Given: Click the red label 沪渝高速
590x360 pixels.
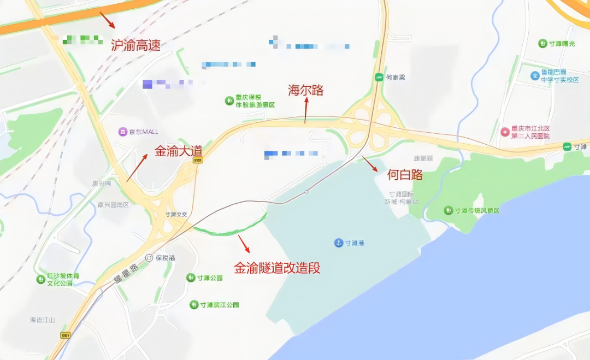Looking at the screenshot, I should click(x=135, y=45).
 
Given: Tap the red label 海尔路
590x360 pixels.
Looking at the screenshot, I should click(x=305, y=90).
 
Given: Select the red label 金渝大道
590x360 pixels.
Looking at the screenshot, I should click(x=178, y=150).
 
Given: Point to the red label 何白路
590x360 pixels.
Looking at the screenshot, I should click(x=405, y=175).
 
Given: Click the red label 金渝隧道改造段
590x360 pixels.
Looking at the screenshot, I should click(x=277, y=268).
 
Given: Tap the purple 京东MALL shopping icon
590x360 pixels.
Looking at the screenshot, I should click(x=123, y=132).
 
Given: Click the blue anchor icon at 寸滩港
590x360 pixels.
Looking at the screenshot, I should click(x=339, y=243).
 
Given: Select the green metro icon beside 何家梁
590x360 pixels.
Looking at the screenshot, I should click(x=379, y=78).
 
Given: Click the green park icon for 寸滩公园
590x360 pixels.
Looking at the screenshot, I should click(x=191, y=278).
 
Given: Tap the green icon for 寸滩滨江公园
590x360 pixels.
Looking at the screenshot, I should click(x=194, y=305).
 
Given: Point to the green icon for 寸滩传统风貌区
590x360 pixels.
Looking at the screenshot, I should click(x=448, y=210).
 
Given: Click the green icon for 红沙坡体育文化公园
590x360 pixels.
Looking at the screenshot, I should click(x=40, y=279).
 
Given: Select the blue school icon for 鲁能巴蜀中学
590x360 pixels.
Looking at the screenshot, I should click(x=535, y=75).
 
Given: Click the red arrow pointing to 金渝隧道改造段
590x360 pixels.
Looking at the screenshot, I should click(x=244, y=244).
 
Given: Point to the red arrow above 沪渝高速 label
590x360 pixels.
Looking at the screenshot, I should click(x=107, y=20).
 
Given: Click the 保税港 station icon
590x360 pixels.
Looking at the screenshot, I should click(x=149, y=258).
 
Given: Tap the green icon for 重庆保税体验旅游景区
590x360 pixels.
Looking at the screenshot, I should click(x=229, y=101).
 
